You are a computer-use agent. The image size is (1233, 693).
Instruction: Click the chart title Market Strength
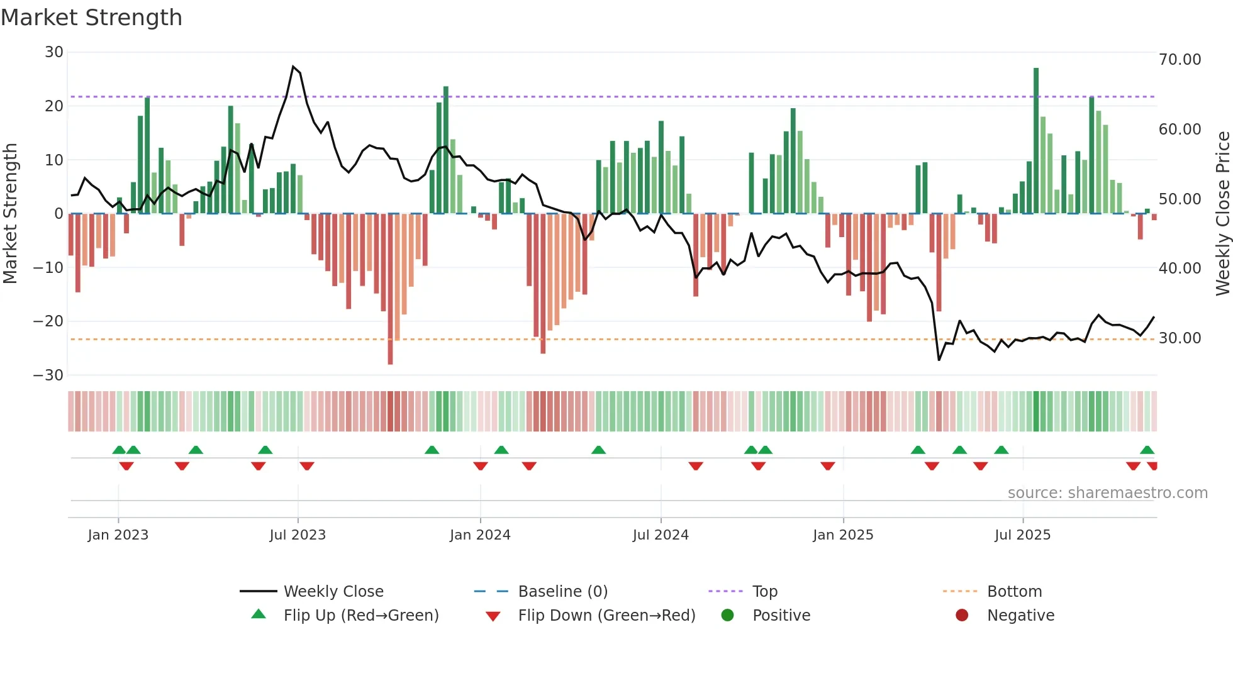coord(91,18)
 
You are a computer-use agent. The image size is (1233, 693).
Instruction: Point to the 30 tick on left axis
coord(54,52)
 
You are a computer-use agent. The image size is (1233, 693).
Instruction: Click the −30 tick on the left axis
coord(48,375)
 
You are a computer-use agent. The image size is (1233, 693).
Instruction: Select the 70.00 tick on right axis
coord(1180,60)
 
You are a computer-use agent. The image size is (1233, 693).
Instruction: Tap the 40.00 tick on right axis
coord(1180,269)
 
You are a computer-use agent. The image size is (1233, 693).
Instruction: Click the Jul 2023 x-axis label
coord(298,535)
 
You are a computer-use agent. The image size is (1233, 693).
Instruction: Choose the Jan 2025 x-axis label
coord(843,535)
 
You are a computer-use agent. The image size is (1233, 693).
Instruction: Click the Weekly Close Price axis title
coord(1222,214)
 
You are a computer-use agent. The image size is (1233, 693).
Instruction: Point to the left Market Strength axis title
coord(10,214)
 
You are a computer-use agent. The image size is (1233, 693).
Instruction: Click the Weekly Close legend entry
coord(333,592)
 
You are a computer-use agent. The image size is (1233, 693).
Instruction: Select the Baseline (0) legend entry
coord(562,592)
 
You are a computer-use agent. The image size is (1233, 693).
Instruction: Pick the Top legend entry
coord(764,592)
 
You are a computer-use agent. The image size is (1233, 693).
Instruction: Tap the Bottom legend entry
coord(1014,592)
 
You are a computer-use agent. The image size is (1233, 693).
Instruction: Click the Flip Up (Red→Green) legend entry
coord(360,616)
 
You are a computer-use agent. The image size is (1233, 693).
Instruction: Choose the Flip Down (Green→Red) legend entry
coord(606,616)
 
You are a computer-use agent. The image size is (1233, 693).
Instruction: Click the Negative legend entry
coord(1020,616)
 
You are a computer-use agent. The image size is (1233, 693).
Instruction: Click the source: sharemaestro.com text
coord(1107,493)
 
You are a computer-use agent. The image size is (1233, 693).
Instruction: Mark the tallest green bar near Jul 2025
coord(1036,138)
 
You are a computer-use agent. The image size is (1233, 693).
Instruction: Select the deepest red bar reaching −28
coord(390,289)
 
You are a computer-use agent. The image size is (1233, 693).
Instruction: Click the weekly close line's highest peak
coord(293,67)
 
